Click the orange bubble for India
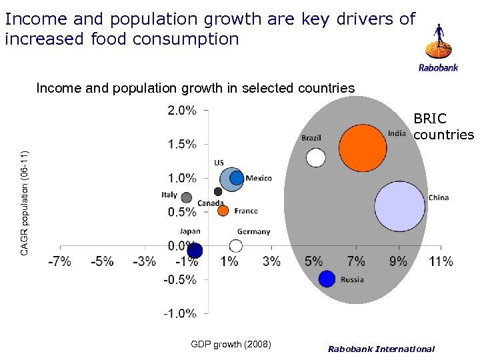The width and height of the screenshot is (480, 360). pos(363,148)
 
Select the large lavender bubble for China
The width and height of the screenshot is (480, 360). pos(399,207)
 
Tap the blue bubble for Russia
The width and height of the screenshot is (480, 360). pos(327,279)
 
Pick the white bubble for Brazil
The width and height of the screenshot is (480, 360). pos(315,158)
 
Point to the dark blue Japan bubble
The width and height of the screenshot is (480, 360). pos(195,251)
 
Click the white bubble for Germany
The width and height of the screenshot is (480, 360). pos(235,246)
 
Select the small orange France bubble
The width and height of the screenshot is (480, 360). pos(223,211)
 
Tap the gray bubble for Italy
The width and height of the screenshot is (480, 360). pos(187,197)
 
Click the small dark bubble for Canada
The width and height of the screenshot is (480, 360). pos(218,192)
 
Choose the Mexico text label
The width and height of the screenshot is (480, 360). pos(259,178)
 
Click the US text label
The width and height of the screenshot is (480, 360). pos(219,163)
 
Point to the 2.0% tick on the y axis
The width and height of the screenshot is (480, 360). pos(181,111)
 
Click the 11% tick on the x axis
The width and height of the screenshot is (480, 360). pos(441,262)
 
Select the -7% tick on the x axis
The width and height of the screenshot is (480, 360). pos(59,262)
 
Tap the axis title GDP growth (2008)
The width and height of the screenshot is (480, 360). pos(231,345)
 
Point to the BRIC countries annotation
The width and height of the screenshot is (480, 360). pos(443,127)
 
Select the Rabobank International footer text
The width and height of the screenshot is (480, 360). pos(381,349)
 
